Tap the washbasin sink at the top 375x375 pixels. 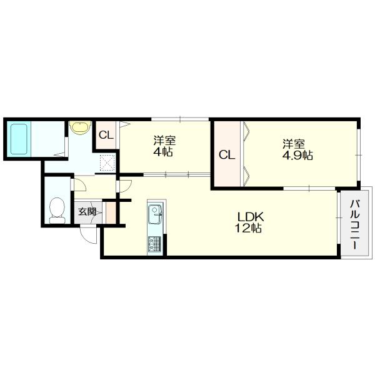(x=79, y=127)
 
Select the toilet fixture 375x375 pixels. (x=56, y=210)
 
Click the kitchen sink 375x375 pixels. (x=154, y=217)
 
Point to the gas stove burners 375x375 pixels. (x=154, y=243)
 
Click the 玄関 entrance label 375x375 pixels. (x=87, y=211)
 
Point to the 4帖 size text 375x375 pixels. (x=164, y=151)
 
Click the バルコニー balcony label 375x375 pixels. (x=354, y=224)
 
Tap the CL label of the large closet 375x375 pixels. (x=227, y=154)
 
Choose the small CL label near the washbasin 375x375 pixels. (x=106, y=134)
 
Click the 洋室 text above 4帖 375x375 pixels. (x=164, y=140)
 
